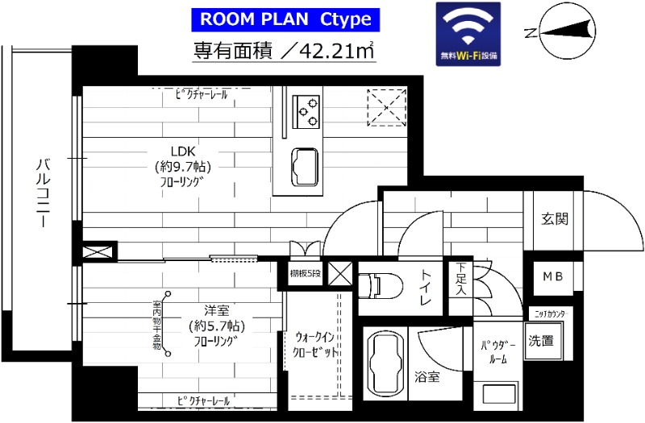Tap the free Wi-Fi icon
[x=468, y=34]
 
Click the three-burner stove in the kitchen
[x=307, y=111]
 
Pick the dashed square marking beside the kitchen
[x=386, y=108]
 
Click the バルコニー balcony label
[x=43, y=193]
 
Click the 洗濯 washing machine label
[x=542, y=341]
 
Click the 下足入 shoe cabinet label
[x=460, y=278]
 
